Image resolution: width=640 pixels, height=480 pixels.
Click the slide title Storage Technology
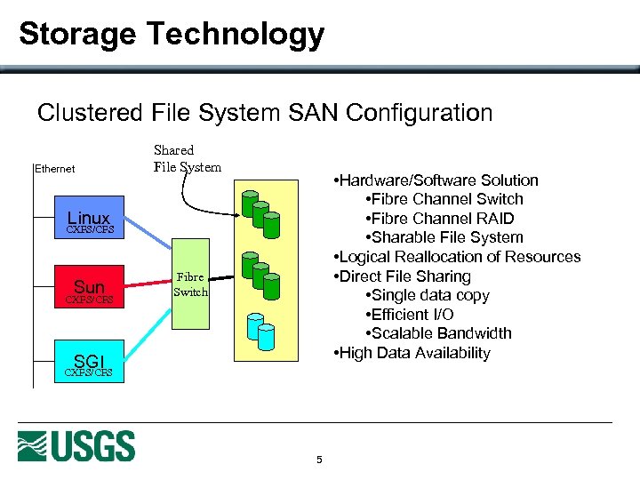point(172,35)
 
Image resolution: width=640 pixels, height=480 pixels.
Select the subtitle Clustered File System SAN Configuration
point(264,113)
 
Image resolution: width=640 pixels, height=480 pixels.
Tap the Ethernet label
point(54,168)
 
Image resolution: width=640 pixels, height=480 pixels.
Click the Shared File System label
point(187,158)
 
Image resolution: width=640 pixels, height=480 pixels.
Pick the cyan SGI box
point(89,363)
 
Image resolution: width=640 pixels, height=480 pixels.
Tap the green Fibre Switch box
point(189,284)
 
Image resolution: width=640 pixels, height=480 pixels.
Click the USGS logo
point(76,445)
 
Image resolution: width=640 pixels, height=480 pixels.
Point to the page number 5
point(319,460)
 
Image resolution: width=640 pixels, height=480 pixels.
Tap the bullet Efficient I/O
point(408,315)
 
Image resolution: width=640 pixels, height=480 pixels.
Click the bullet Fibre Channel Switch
point(443,199)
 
